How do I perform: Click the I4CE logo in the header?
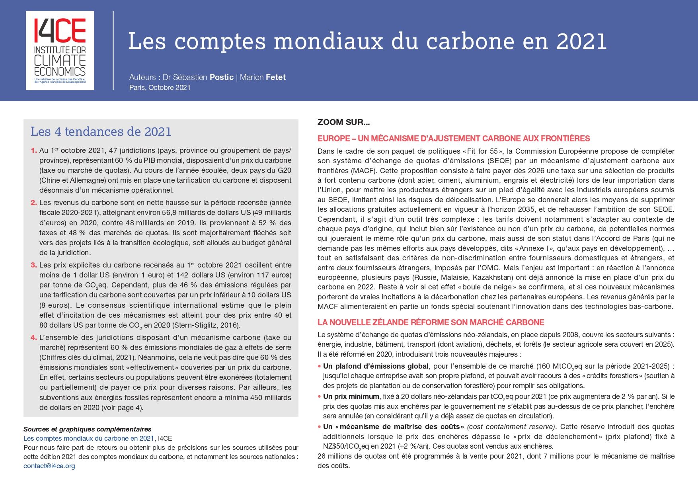point(60,50)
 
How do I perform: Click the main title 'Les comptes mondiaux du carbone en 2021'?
point(367,41)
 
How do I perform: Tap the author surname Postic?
point(222,77)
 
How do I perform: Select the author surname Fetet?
point(275,77)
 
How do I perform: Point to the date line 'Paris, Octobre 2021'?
point(160,88)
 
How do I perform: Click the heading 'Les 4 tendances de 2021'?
point(101,132)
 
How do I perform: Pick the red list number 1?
point(34,150)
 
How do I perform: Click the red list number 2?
point(34,203)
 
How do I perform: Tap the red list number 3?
point(34,265)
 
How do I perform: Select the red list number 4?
point(34,338)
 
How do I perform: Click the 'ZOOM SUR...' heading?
point(343,122)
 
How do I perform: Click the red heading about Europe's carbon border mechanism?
point(454,139)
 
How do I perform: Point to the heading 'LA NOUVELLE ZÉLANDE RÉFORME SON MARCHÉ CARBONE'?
point(431,322)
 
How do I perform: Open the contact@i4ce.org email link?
point(49,466)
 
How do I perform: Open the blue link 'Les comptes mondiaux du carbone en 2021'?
point(88,438)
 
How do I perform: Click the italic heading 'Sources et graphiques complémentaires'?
point(88,429)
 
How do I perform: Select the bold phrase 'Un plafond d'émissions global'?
point(376,366)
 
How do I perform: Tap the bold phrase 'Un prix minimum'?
point(351,396)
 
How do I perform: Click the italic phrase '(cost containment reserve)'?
point(511,427)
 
